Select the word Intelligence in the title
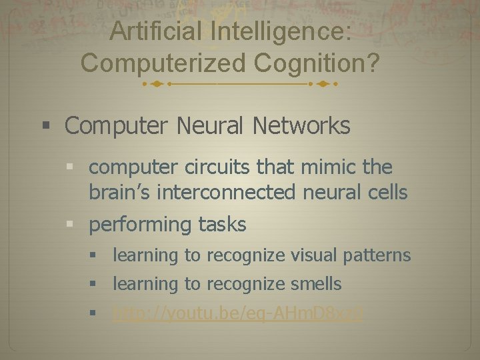(x=281, y=32)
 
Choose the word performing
(x=140, y=225)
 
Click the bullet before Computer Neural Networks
(x=45, y=125)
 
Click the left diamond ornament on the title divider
(x=155, y=85)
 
